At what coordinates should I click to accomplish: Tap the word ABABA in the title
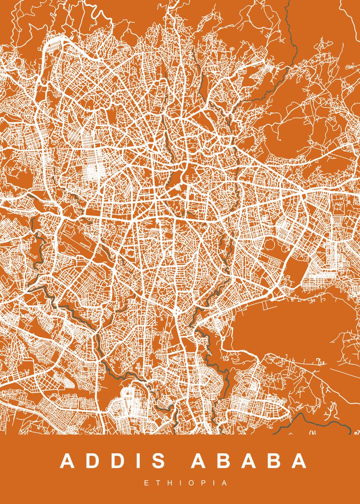pyautogui.click(x=250, y=462)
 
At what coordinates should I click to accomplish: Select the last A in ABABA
pyautogui.click(x=300, y=462)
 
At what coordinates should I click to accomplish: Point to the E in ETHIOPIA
pyautogui.click(x=146, y=483)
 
